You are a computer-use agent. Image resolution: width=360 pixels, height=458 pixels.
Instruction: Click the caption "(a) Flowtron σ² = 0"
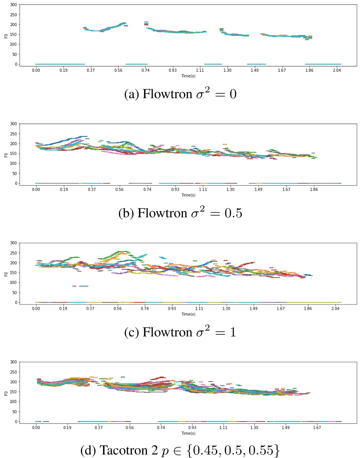[180, 94]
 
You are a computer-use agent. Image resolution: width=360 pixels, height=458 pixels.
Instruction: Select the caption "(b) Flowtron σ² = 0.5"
[180, 213]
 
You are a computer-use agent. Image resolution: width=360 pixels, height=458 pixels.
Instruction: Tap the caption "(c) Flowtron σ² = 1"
[180, 332]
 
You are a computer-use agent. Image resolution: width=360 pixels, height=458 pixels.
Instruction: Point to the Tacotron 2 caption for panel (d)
[180, 451]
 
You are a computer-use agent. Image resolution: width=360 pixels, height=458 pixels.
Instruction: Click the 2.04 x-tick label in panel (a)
[337, 70]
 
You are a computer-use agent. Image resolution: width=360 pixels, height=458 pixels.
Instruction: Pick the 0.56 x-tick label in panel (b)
[119, 189]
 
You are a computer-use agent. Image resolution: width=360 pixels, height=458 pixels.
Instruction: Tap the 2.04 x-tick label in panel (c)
[337, 308]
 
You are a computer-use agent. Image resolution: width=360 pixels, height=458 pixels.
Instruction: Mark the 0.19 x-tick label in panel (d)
[67, 427]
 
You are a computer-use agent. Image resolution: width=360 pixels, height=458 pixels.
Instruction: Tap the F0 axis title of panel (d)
[6, 392]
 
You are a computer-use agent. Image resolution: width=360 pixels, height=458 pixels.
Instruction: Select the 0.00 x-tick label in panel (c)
[36, 308]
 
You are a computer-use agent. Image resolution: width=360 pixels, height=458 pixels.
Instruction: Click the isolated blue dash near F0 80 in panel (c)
[83, 286]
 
